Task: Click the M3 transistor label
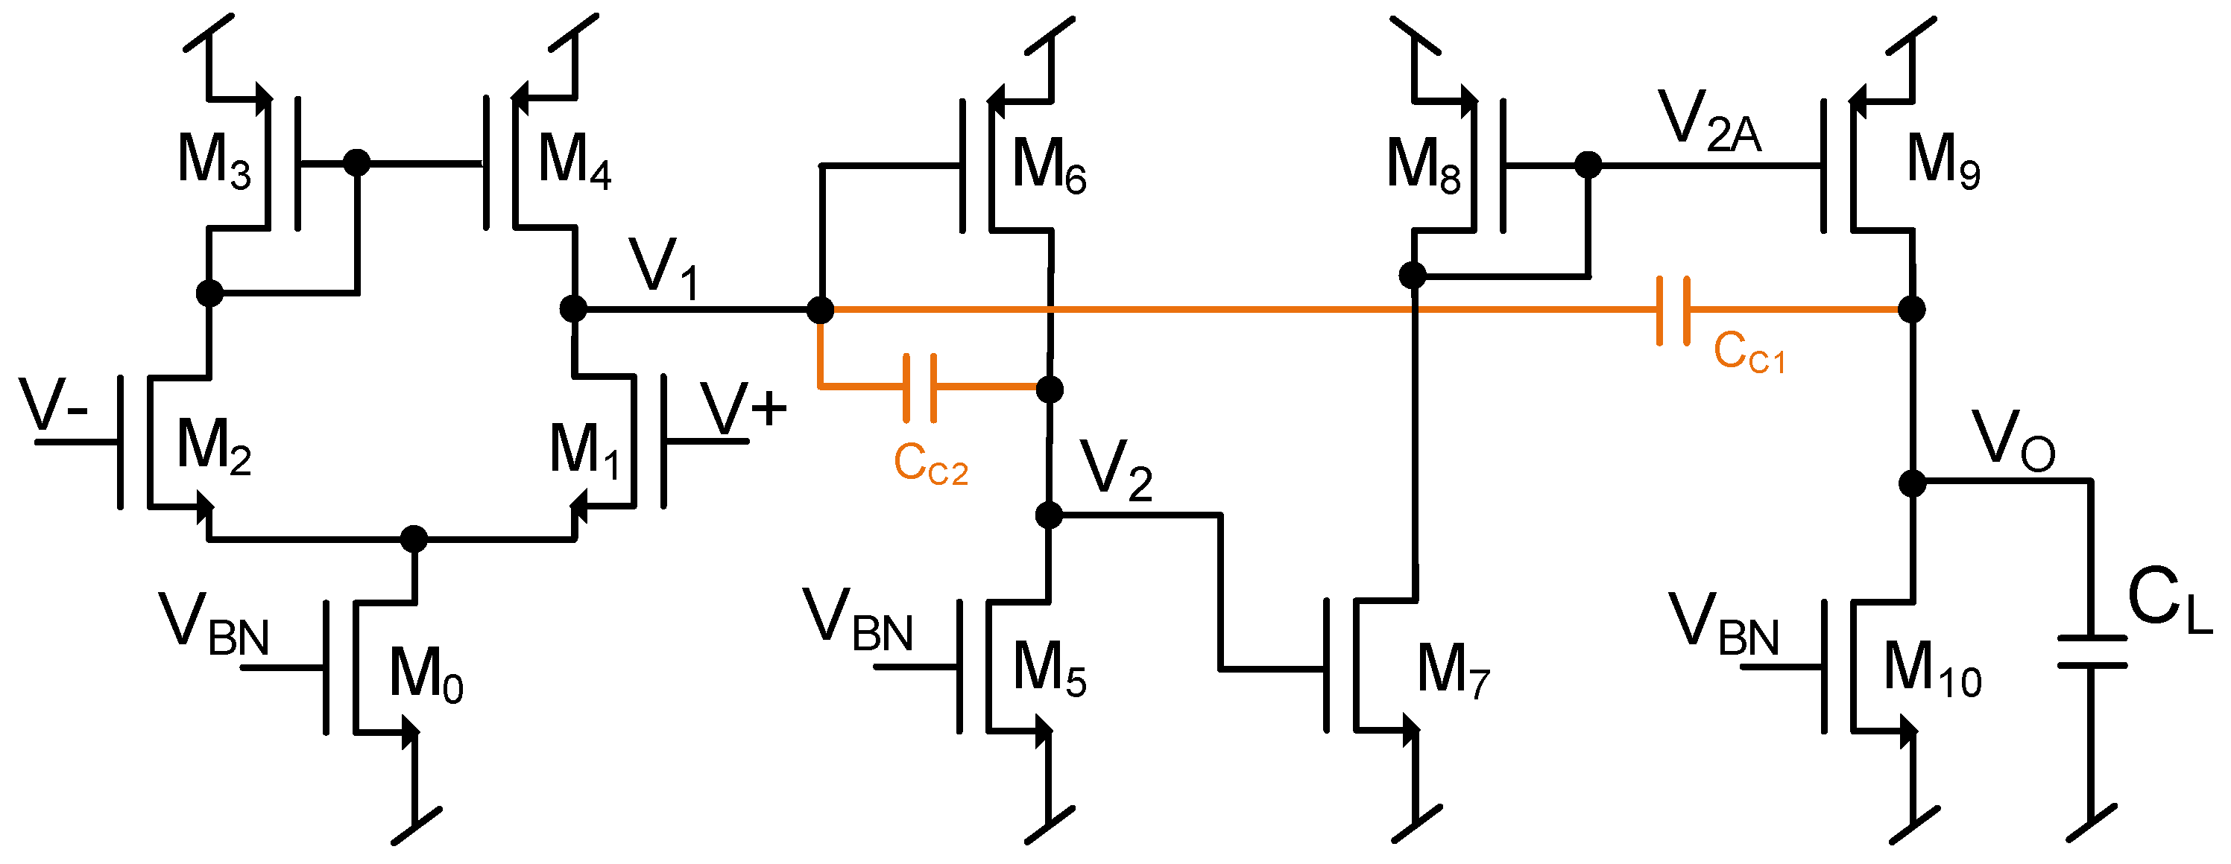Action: point(214,162)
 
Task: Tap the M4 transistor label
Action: point(574,162)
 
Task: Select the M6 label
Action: point(1049,166)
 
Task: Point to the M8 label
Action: point(1423,166)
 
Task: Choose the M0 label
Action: point(426,676)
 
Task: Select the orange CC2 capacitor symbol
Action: point(920,388)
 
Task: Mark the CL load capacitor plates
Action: point(2092,652)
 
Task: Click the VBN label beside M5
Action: point(857,622)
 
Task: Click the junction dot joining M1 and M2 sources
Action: point(414,539)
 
